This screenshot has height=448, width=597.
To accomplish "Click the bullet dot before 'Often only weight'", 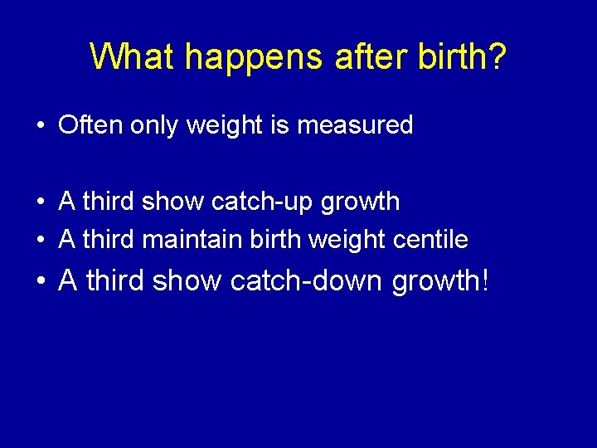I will [x=40, y=126].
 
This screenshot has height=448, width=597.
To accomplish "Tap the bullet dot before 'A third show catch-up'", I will [x=40, y=202].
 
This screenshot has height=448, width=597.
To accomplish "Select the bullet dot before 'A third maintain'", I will [x=40, y=241].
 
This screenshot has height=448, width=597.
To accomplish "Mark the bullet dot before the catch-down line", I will [x=40, y=282].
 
